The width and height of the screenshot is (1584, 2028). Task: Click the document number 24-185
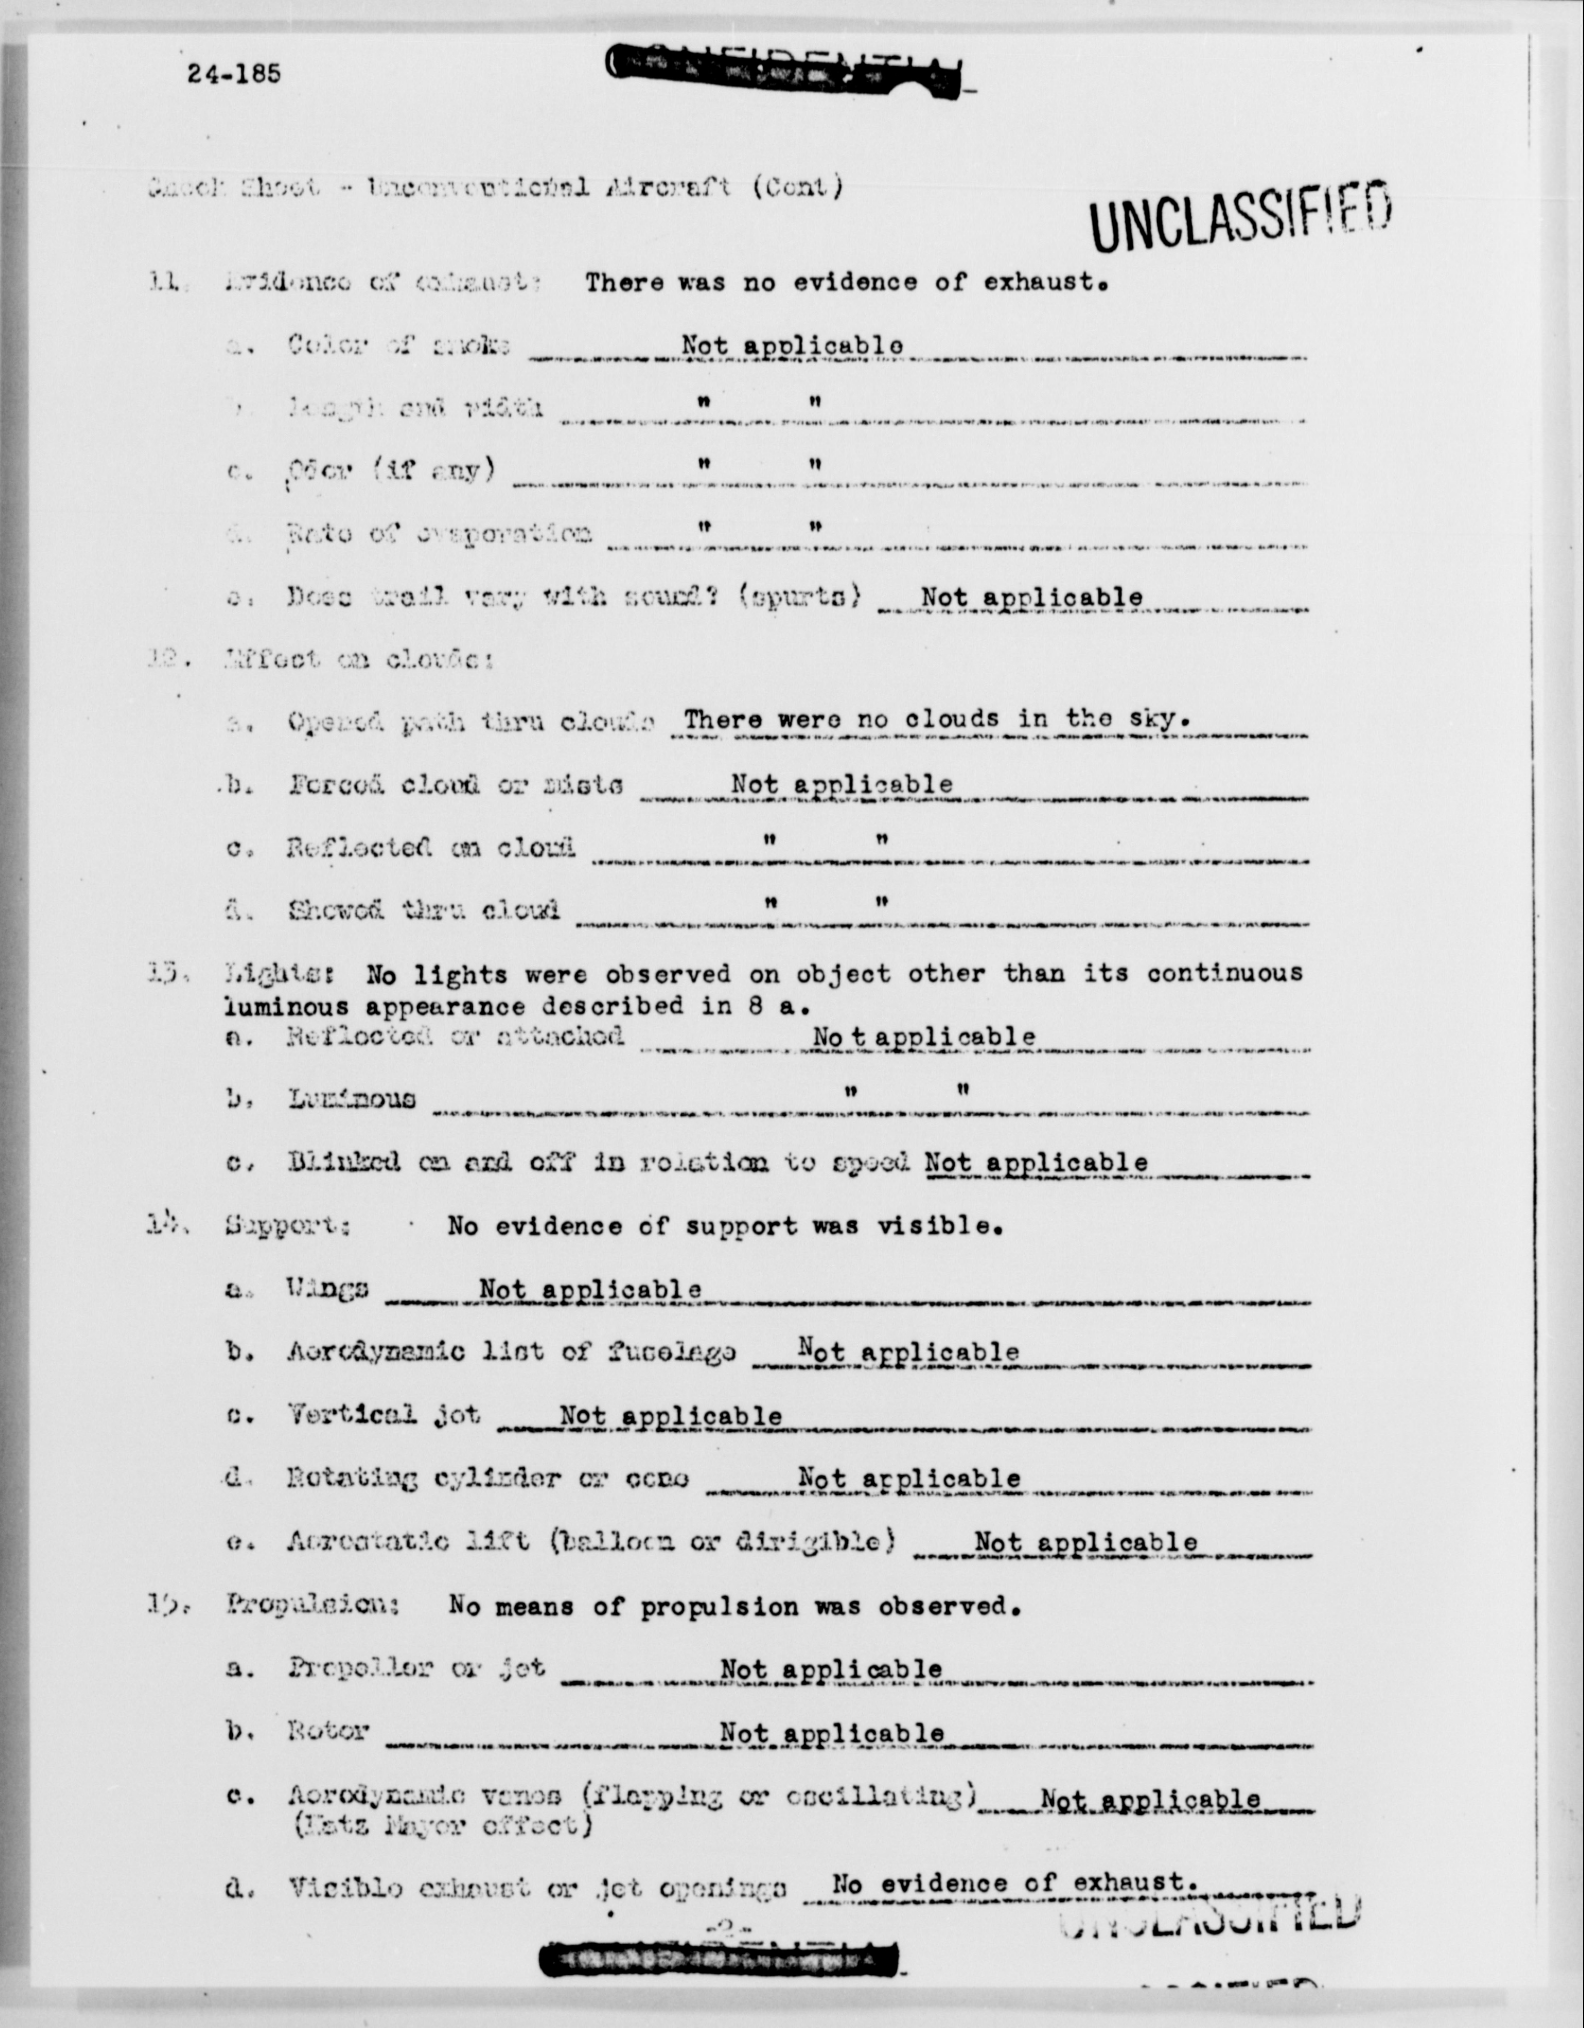point(233,73)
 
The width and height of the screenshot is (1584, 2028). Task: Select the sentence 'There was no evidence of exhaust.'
point(846,283)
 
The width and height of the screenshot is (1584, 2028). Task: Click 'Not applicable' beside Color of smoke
point(792,346)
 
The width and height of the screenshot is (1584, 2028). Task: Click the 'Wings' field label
point(327,1289)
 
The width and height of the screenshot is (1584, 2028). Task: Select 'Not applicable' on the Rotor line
point(831,1733)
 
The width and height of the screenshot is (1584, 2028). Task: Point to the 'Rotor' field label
point(328,1732)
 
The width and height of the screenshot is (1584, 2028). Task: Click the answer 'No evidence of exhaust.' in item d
point(1010,1883)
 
